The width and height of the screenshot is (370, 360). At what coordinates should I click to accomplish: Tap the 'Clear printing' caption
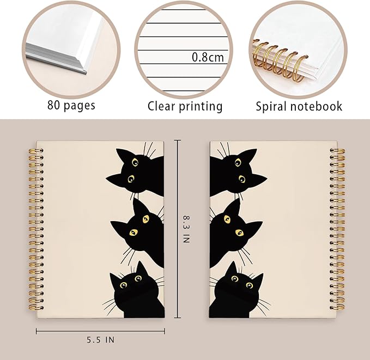[x=185, y=106]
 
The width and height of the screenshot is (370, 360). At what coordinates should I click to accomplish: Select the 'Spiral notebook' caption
[x=299, y=106]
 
